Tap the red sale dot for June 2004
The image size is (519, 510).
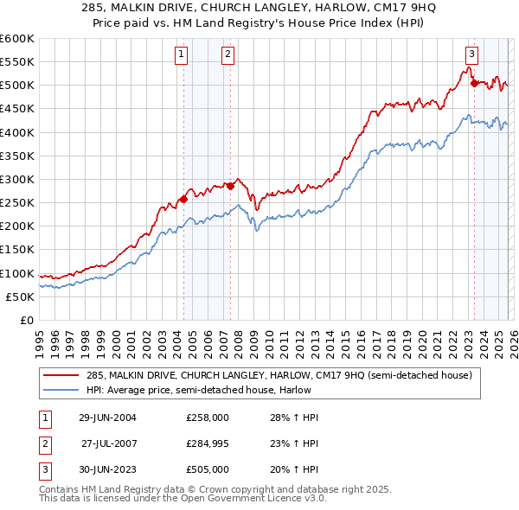(183, 199)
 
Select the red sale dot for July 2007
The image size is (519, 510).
(230, 185)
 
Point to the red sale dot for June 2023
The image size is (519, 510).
(474, 83)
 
